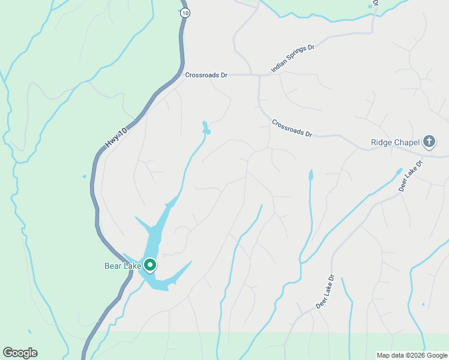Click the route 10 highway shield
pos(185,13)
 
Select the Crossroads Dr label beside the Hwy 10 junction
pos(206,76)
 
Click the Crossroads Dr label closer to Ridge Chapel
pos(292,128)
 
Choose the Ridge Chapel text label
pos(394,143)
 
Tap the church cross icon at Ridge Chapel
pos(429,142)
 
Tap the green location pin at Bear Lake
pos(149,265)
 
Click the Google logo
pos(20,353)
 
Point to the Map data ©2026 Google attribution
pos(412,355)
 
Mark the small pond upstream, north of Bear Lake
pos(206,128)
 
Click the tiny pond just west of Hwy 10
pos(84,176)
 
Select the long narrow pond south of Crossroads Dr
pos(311,175)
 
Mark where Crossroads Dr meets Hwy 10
pos(180,75)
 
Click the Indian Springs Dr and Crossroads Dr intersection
pos(260,76)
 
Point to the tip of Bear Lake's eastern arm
pos(191,262)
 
